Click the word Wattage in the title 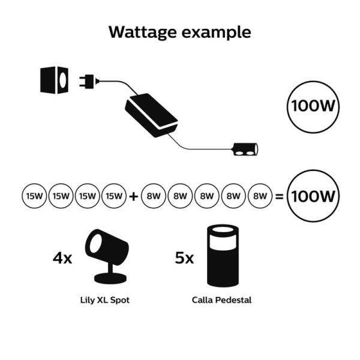click(143, 32)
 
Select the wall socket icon click(54, 80)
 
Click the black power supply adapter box click(152, 115)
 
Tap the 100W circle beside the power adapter click(313, 106)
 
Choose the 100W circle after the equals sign click(313, 196)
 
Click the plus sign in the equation click(133, 196)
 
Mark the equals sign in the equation click(278, 196)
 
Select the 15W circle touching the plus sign click(114, 196)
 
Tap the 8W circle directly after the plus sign click(152, 196)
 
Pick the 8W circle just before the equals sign click(260, 196)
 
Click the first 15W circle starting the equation click(32, 196)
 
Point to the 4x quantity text click(62, 259)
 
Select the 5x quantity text click(183, 259)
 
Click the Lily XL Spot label click(104, 299)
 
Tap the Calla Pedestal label click(221, 299)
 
